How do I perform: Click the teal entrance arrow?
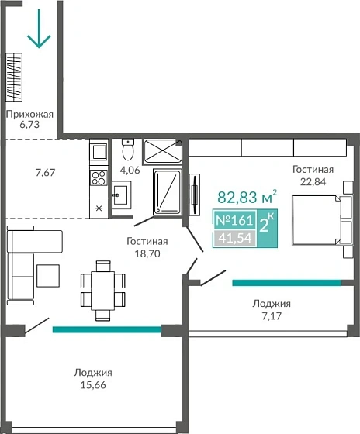pyautogui.click(x=39, y=29)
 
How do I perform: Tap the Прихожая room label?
pyautogui.click(x=29, y=115)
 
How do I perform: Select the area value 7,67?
pyautogui.click(x=46, y=173)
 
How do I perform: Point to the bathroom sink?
pyautogui.click(x=121, y=195)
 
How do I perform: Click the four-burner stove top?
pyautogui.click(x=99, y=177)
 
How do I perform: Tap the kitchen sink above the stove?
pyautogui.click(x=99, y=151)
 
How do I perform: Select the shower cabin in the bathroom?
pyautogui.click(x=168, y=192)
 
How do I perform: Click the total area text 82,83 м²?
pyautogui.click(x=247, y=197)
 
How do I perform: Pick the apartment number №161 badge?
pyautogui.click(x=234, y=220)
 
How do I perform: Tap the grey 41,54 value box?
pyautogui.click(x=234, y=239)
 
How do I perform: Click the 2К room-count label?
pyautogui.click(x=267, y=224)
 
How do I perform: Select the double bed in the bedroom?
pyautogui.click(x=322, y=220)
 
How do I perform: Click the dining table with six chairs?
pyautogui.click(x=103, y=291)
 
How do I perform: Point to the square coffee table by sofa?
pyautogui.click(x=48, y=276)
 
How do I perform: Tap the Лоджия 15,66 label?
pyautogui.click(x=93, y=379)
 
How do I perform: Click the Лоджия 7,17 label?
pyautogui.click(x=272, y=310)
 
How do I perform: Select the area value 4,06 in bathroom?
pyautogui.click(x=130, y=170)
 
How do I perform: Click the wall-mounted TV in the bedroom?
pyautogui.click(x=195, y=195)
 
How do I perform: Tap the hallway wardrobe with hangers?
pyautogui.click(x=14, y=77)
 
